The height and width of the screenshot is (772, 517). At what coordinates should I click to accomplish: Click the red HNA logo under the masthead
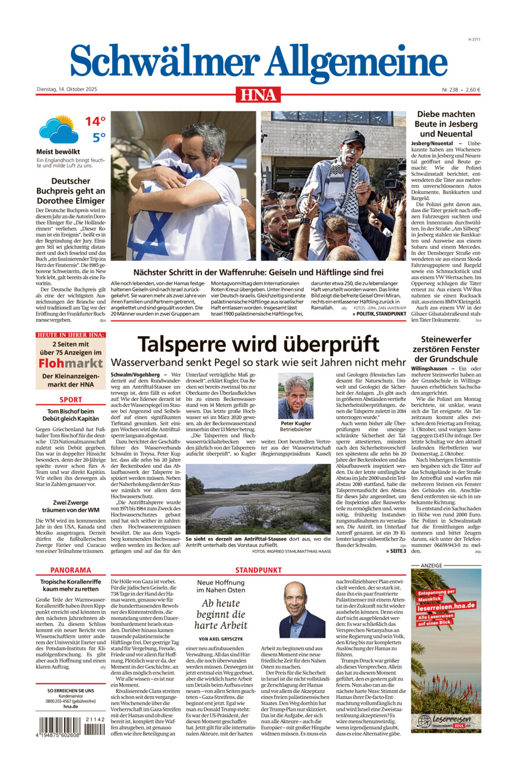click(258, 94)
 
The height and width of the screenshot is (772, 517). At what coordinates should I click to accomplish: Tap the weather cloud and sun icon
click(58, 129)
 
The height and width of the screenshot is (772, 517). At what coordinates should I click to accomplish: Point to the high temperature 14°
click(94, 122)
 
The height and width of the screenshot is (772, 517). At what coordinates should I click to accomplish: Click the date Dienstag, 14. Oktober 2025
click(66, 90)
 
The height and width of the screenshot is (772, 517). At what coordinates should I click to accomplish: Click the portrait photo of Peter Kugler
click(296, 396)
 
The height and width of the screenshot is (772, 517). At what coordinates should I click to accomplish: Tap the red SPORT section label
click(71, 400)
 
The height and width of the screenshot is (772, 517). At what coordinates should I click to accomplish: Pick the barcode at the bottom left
click(71, 725)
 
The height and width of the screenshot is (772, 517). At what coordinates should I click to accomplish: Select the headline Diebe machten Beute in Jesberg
click(446, 124)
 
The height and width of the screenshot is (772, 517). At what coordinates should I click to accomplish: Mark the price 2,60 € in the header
click(472, 90)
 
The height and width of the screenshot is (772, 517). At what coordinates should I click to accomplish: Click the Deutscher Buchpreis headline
click(71, 191)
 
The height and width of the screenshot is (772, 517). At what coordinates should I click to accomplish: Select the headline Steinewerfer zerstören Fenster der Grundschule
click(446, 349)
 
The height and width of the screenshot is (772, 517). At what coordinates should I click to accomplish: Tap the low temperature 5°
click(99, 138)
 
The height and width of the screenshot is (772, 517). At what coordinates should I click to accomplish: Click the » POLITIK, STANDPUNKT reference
click(379, 313)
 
